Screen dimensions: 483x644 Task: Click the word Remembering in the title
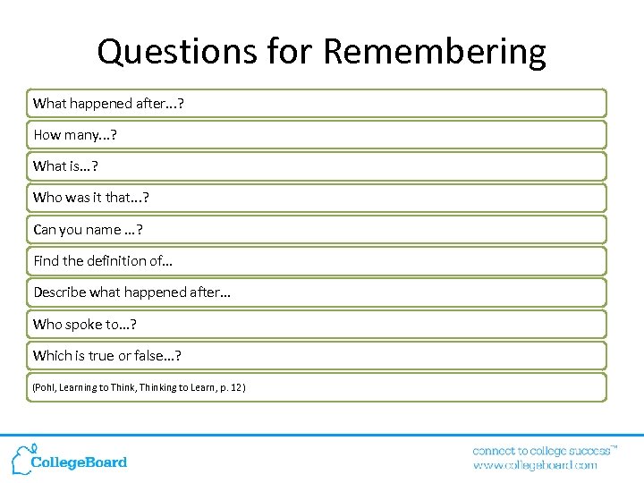pos(434,52)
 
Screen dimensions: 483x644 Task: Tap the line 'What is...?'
pos(66,166)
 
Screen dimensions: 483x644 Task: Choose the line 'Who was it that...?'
pos(84,198)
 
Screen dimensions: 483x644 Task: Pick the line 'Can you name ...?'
pos(88,230)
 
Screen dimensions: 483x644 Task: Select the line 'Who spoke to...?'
pos(84,324)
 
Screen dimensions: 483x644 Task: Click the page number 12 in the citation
pos(234,387)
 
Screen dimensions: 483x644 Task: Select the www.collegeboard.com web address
pos(534,465)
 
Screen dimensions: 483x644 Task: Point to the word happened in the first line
pos(101,104)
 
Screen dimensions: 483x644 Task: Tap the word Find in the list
pos(45,261)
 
